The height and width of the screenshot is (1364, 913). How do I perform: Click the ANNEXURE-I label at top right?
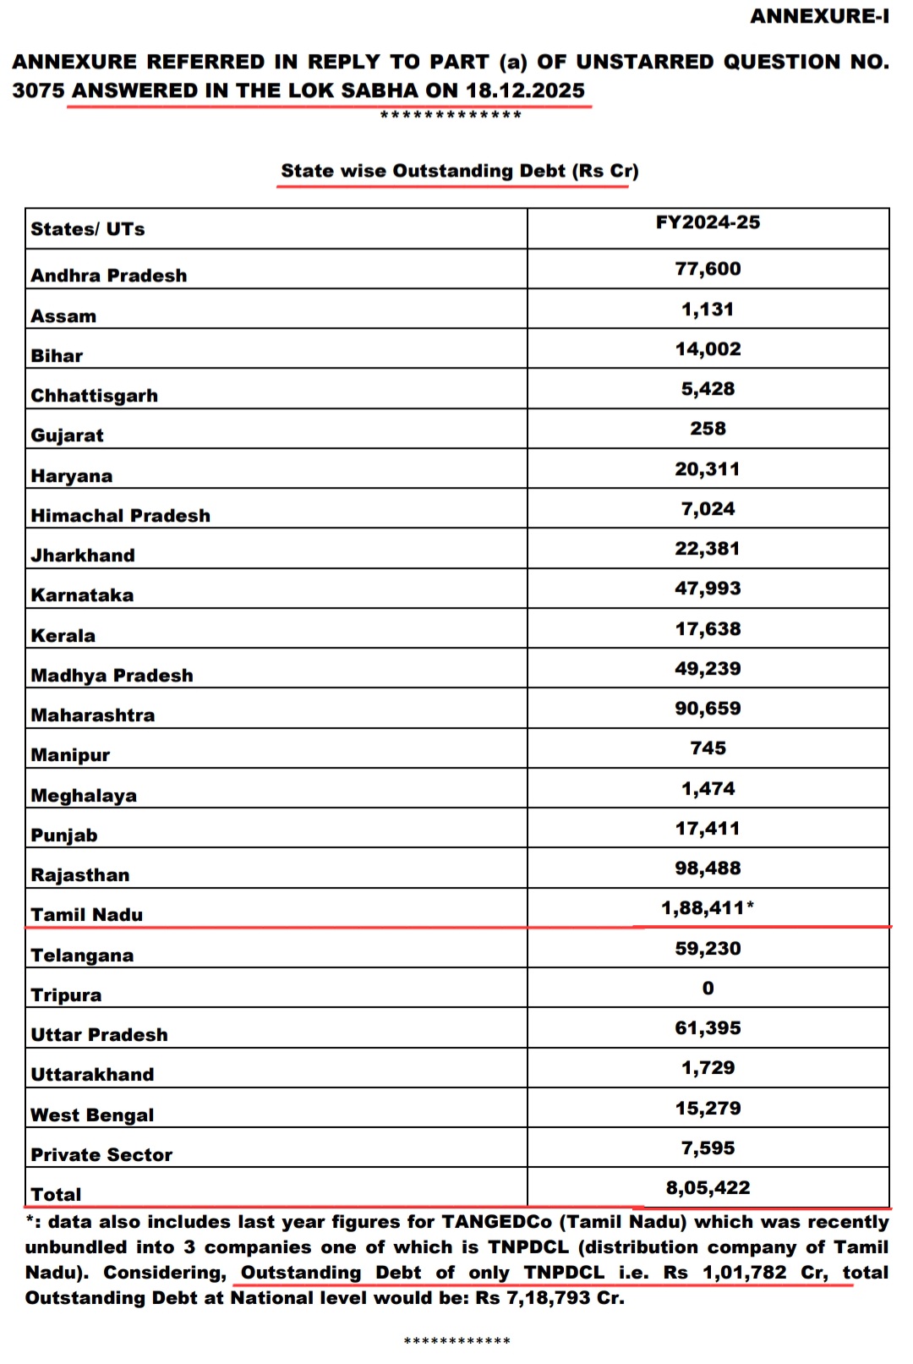(819, 16)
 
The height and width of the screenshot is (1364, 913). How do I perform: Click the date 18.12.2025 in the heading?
(525, 90)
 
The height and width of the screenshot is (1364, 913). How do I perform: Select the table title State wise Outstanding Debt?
(459, 171)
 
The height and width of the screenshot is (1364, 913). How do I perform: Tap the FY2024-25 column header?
(708, 222)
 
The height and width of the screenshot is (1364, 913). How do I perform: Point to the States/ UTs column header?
(88, 229)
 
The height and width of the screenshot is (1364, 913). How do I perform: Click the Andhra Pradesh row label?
(109, 276)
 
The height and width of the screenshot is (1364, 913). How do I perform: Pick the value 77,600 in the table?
(708, 269)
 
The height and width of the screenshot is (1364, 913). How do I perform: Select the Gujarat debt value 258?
(708, 429)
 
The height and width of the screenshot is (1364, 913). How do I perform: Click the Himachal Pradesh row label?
(121, 516)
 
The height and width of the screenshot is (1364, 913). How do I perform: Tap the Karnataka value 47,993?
(708, 589)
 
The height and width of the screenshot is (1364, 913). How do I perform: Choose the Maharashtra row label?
(93, 715)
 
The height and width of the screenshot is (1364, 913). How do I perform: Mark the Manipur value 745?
(708, 748)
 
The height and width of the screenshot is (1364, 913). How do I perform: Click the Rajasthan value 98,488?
(708, 868)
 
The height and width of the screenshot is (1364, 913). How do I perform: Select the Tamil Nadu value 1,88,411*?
(708, 908)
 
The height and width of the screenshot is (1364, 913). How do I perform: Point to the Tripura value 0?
(708, 989)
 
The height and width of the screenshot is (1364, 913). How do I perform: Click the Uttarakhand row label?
(93, 1075)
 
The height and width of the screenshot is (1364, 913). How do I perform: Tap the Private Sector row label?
(101, 1155)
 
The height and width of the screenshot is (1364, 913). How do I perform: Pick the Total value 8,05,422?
(708, 1188)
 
